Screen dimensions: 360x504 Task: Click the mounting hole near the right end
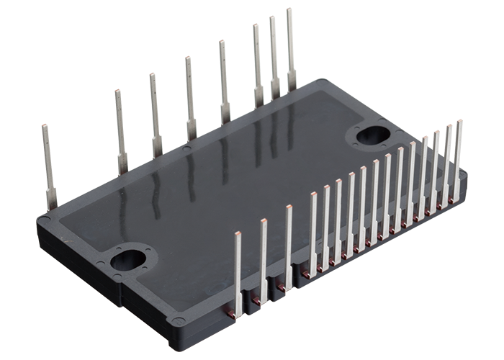tap(372, 135)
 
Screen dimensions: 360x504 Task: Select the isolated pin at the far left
tap(48, 166)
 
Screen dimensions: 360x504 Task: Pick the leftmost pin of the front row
tap(238, 274)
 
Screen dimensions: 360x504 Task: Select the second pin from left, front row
tap(263, 259)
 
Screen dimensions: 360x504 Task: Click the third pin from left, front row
tap(288, 248)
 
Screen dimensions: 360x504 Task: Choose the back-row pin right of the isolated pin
tap(120, 130)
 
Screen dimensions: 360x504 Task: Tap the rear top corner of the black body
tap(315, 81)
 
